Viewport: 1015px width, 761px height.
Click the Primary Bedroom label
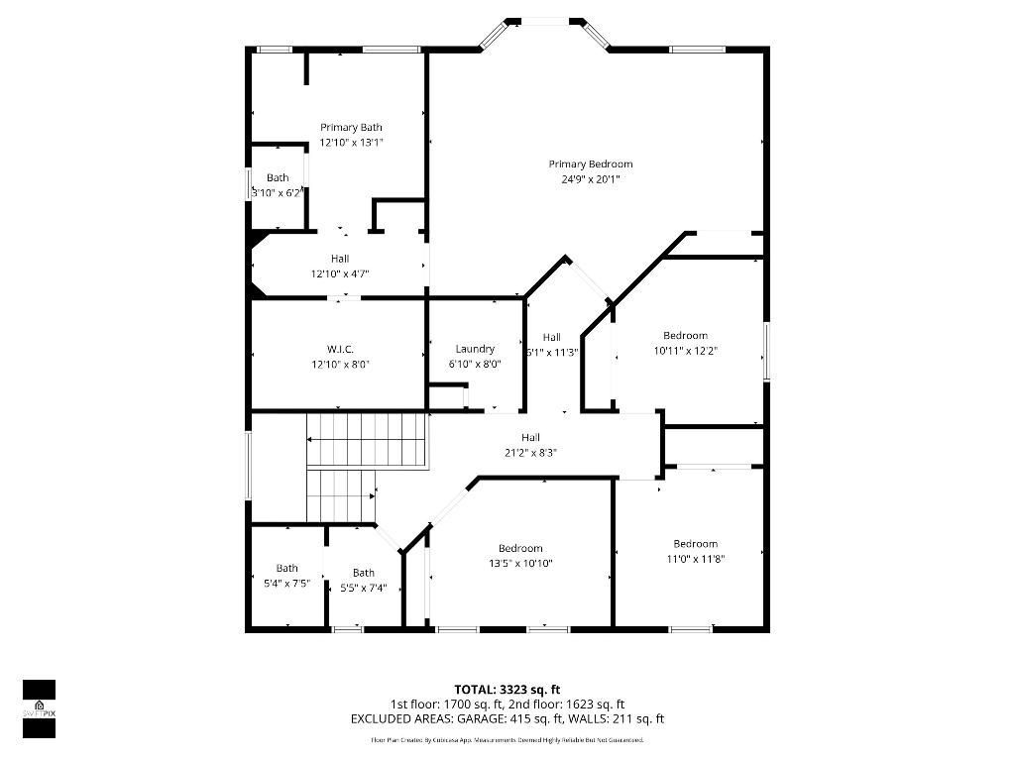[590, 164]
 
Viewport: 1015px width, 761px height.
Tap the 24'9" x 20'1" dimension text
[590, 179]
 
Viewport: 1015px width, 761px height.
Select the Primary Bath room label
[351, 127]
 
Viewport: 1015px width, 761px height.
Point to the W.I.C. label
[340, 349]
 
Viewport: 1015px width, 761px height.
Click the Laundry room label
[475, 349]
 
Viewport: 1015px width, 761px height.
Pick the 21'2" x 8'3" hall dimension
[531, 452]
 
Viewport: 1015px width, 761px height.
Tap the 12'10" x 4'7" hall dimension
[340, 273]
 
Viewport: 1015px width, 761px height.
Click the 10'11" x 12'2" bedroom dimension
[685, 351]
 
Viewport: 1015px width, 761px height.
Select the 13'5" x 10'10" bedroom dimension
[520, 564]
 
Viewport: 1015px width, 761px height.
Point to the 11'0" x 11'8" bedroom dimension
[695, 559]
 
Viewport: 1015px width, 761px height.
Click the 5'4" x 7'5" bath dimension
[286, 584]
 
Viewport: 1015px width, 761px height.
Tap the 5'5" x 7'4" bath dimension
[364, 588]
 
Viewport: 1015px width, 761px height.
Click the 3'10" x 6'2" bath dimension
[277, 193]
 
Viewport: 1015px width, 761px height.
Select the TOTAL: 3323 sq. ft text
[507, 690]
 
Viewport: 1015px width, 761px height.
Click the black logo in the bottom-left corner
[39, 708]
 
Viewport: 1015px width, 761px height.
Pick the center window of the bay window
[544, 20]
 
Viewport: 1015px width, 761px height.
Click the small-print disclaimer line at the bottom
[507, 740]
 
